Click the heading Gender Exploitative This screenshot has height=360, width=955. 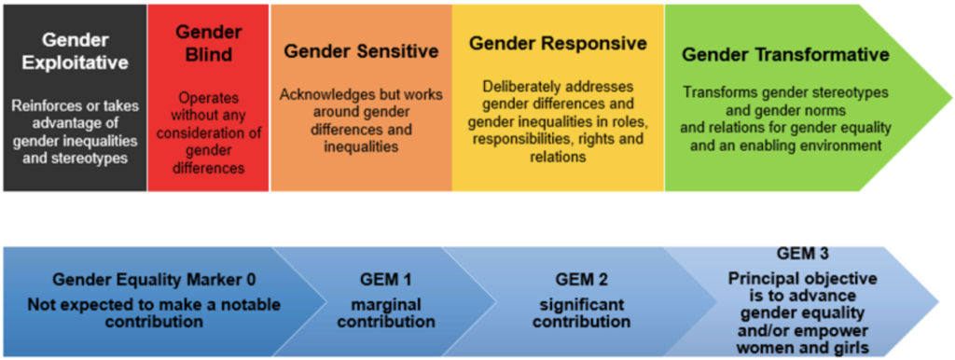tap(76, 52)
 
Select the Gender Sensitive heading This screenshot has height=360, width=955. tap(362, 51)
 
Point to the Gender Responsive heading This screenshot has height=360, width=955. tap(558, 44)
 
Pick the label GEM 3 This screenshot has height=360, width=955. tap(803, 252)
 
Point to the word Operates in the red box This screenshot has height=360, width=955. tap(208, 98)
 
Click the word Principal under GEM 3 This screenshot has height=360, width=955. tap(755, 279)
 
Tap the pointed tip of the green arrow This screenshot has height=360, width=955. tap(951, 98)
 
